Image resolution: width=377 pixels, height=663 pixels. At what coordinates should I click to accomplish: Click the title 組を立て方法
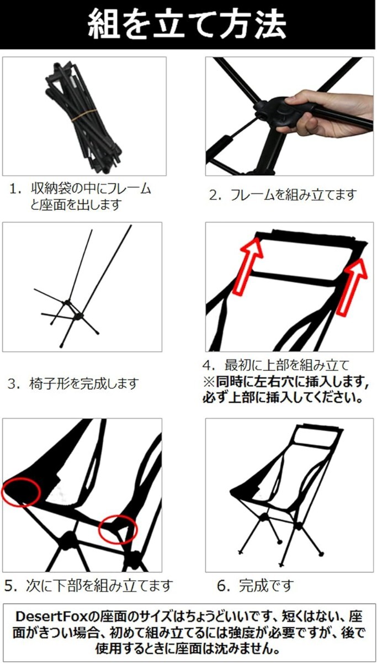[x=188, y=24]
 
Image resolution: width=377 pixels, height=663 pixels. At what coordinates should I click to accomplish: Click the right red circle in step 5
[x=118, y=529]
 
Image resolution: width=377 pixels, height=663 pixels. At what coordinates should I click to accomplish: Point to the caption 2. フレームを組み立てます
[x=283, y=195]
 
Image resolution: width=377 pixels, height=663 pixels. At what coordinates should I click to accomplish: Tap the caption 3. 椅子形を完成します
[x=73, y=384]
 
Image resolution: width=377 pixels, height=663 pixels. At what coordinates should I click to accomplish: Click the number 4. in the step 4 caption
[x=209, y=366]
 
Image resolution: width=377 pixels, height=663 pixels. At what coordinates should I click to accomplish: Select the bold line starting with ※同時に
[x=285, y=382]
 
